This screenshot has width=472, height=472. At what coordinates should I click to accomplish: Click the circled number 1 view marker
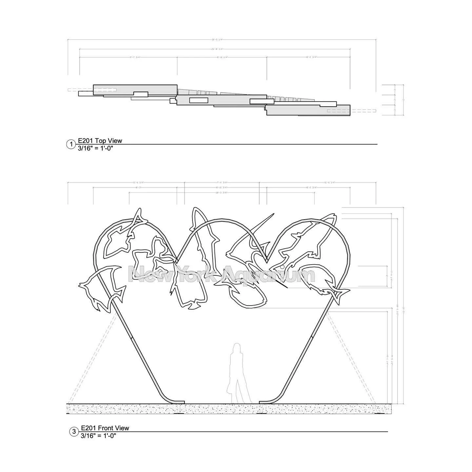pyautogui.click(x=71, y=144)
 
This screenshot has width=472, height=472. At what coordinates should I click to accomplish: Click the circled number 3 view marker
pyautogui.click(x=74, y=432)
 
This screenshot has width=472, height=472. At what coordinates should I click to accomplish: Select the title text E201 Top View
pyautogui.click(x=100, y=141)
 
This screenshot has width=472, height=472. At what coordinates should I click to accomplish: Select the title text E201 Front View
pyautogui.click(x=105, y=428)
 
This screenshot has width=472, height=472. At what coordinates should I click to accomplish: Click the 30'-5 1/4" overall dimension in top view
pyautogui.click(x=217, y=40)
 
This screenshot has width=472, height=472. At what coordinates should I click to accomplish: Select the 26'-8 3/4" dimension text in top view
pyautogui.click(x=217, y=49)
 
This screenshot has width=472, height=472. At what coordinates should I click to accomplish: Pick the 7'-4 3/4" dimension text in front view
pyautogui.click(x=222, y=182)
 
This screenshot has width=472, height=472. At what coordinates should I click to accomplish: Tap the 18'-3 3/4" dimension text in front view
pyautogui.click(x=222, y=192)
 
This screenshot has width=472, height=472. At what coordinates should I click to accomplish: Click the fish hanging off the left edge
pyautogui.click(x=102, y=287)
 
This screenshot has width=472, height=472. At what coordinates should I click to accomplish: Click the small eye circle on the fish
pyautogui.click(x=282, y=268)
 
